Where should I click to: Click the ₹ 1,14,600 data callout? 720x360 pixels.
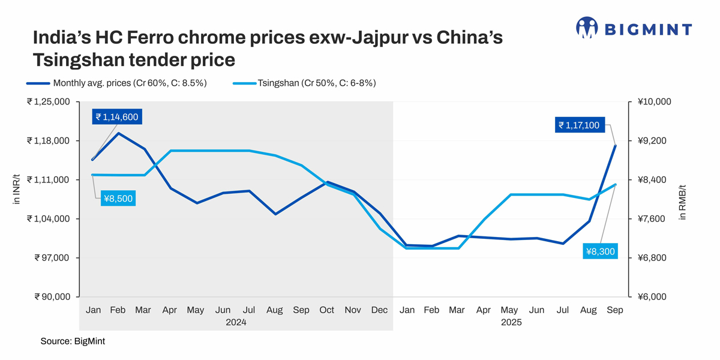point(117,117)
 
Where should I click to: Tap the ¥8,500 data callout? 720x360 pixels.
point(118,199)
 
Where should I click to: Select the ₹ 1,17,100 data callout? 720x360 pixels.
point(578,125)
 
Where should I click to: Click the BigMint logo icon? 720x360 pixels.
point(586,27)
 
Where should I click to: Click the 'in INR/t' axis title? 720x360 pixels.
point(17,188)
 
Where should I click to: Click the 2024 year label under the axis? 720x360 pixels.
point(236,322)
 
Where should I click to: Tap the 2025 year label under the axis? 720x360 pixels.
point(511,322)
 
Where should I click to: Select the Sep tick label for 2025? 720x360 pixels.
point(615,310)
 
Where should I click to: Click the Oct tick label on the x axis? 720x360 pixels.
point(326,310)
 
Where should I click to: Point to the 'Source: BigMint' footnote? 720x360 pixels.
point(73,341)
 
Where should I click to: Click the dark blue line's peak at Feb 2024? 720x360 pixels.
point(118,133)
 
